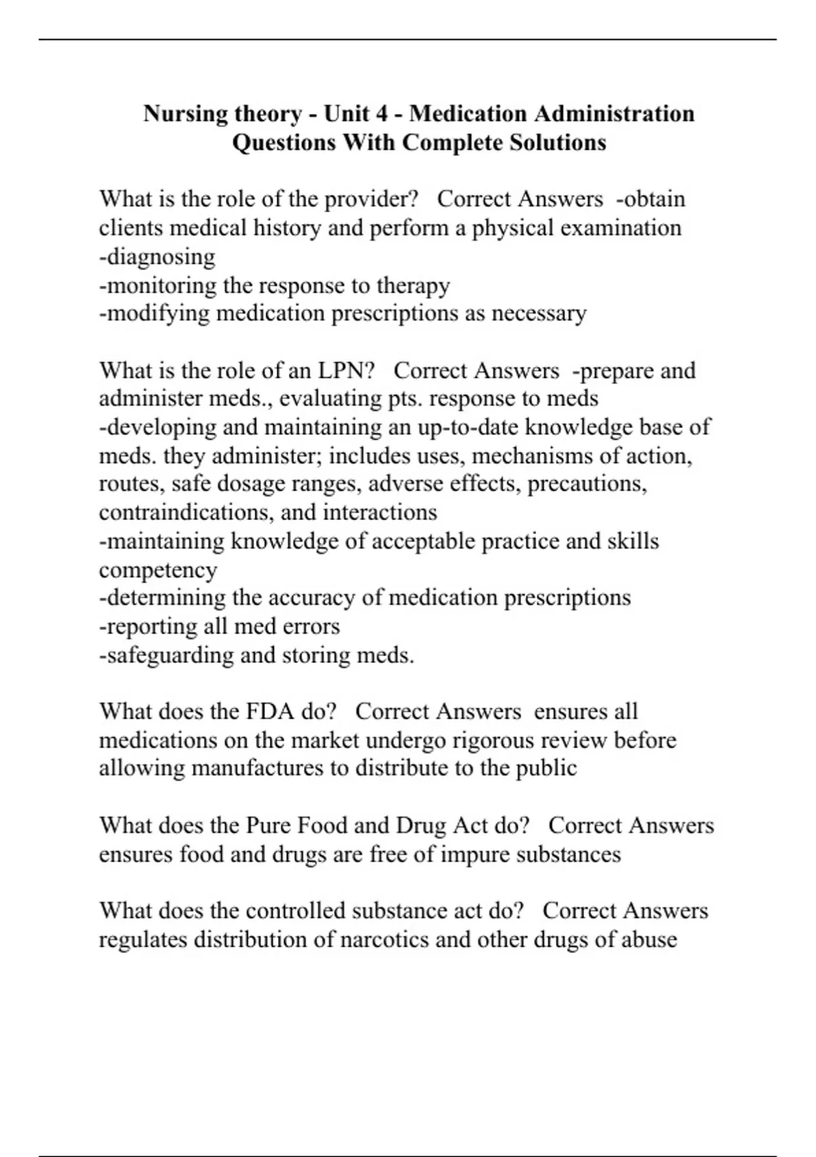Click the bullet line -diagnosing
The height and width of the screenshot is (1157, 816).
pyautogui.click(x=157, y=257)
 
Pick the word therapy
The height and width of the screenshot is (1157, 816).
pyautogui.click(x=418, y=286)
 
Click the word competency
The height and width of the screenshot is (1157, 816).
pyautogui.click(x=158, y=570)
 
